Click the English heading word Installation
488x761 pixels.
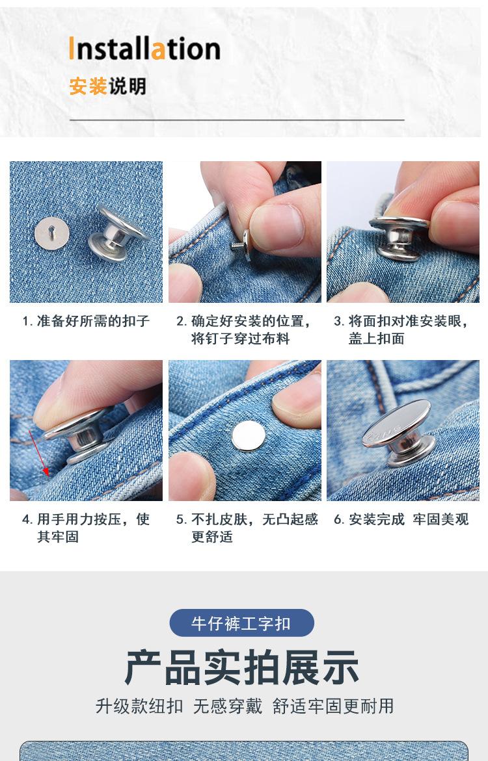(x=144, y=49)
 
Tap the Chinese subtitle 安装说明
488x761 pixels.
(x=107, y=86)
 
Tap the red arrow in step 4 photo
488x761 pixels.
(x=37, y=452)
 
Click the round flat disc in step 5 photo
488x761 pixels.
(x=248, y=435)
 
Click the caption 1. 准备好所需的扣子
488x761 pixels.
(x=86, y=321)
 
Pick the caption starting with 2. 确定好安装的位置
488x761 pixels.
(x=245, y=329)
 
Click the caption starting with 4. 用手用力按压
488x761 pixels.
(x=86, y=528)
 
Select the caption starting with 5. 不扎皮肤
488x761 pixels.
(x=247, y=528)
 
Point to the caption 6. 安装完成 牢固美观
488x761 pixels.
(x=401, y=519)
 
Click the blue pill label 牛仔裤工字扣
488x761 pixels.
(x=241, y=623)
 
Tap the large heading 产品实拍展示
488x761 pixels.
(x=241, y=667)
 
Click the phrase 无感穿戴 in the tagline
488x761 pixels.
(x=227, y=706)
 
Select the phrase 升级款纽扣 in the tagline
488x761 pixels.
(x=139, y=706)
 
